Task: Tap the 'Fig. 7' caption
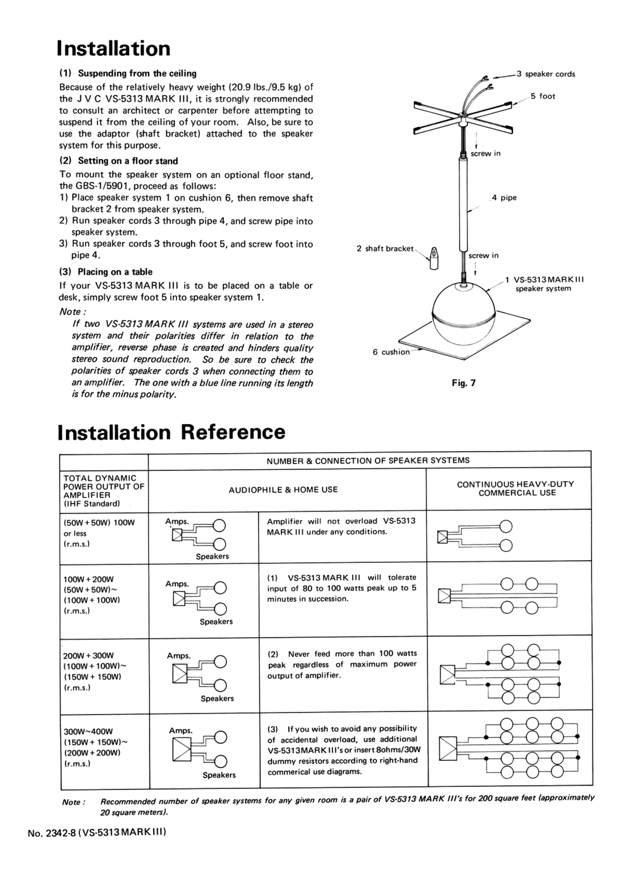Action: [x=463, y=383]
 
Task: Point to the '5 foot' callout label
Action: [x=543, y=96]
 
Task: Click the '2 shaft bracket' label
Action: [x=385, y=249]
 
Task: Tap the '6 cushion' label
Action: [x=391, y=352]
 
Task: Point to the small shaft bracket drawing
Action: [x=433, y=258]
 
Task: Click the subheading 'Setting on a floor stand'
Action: [x=128, y=161]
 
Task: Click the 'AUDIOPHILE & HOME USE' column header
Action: [x=283, y=490]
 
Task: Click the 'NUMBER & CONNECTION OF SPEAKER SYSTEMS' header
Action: [x=368, y=461]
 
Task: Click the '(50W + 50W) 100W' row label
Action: [x=99, y=523]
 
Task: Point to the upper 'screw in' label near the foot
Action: [x=485, y=153]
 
